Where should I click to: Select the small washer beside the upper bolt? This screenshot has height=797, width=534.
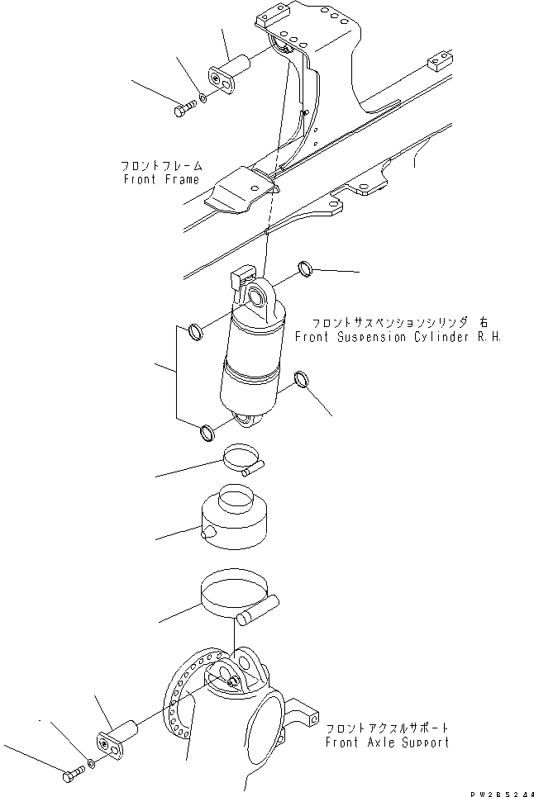(203, 97)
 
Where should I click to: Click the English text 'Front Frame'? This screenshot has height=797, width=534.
(161, 179)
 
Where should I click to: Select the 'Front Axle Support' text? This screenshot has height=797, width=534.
(387, 742)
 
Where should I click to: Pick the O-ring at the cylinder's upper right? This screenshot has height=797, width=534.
(305, 268)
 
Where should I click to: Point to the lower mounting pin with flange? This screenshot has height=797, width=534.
(117, 736)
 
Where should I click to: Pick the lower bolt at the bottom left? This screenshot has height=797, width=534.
(71, 776)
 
